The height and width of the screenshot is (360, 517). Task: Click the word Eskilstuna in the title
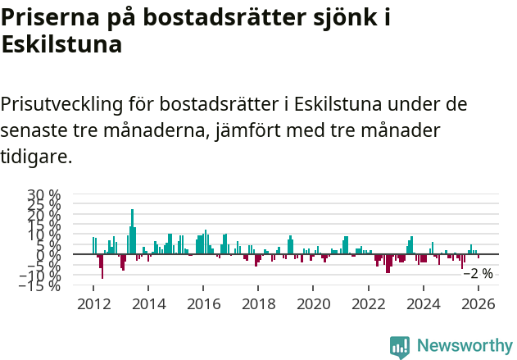point(62,44)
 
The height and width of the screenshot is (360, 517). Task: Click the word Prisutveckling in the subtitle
point(62,104)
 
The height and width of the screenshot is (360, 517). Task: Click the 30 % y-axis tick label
point(44,195)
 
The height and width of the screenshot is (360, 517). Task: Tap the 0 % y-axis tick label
point(49,255)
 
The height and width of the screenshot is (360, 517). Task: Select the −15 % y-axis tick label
point(40,285)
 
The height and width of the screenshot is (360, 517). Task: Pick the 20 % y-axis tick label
point(44,215)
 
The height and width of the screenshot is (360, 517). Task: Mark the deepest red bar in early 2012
point(102,267)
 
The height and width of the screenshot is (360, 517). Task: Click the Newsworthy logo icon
point(400,346)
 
